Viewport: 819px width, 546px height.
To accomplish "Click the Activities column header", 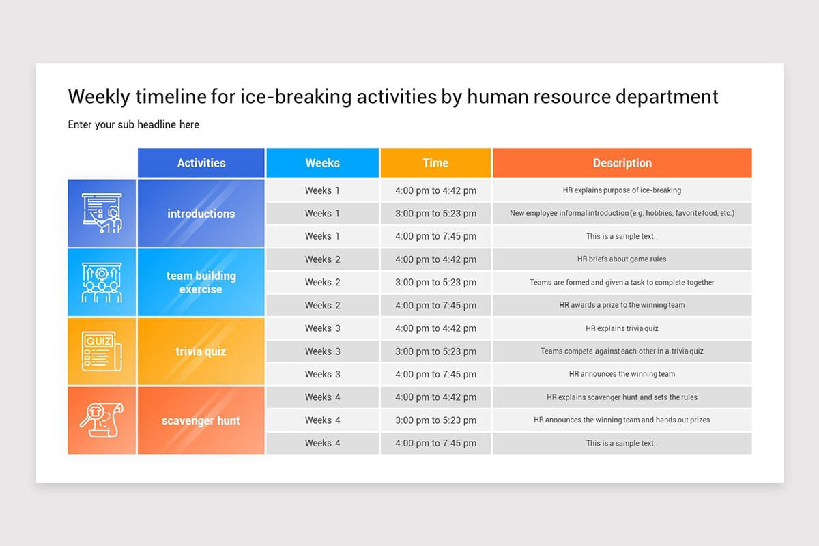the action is [x=201, y=162].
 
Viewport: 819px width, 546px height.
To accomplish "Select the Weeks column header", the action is [x=322, y=162].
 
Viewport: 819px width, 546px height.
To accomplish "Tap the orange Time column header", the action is [x=435, y=162].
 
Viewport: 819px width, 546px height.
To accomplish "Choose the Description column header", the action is [x=622, y=162].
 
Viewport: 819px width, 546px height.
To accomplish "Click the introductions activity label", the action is [x=201, y=214].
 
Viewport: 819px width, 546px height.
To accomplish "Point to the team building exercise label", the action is [x=201, y=283].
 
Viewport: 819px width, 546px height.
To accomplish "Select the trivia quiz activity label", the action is [x=201, y=351].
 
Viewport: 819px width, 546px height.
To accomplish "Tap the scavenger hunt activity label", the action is [x=201, y=420].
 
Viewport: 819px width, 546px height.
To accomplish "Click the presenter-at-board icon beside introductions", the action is [x=102, y=213].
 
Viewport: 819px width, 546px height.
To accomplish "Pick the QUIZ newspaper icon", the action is [x=102, y=351].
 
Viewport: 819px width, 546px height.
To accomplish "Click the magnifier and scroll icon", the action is [x=102, y=420].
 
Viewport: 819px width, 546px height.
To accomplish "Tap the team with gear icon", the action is [x=102, y=283].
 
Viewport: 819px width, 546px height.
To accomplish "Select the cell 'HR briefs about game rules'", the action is [x=622, y=259].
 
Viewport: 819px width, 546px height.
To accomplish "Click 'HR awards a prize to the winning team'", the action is [x=622, y=305].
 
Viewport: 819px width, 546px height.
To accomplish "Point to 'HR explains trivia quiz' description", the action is [x=622, y=328].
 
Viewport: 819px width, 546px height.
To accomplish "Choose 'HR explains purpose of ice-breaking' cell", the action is [x=622, y=190].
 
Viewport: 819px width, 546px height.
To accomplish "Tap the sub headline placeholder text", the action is [x=134, y=125].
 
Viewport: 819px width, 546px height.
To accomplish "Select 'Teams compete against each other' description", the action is [x=622, y=351].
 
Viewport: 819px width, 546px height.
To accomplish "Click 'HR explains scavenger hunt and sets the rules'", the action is [x=622, y=397].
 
